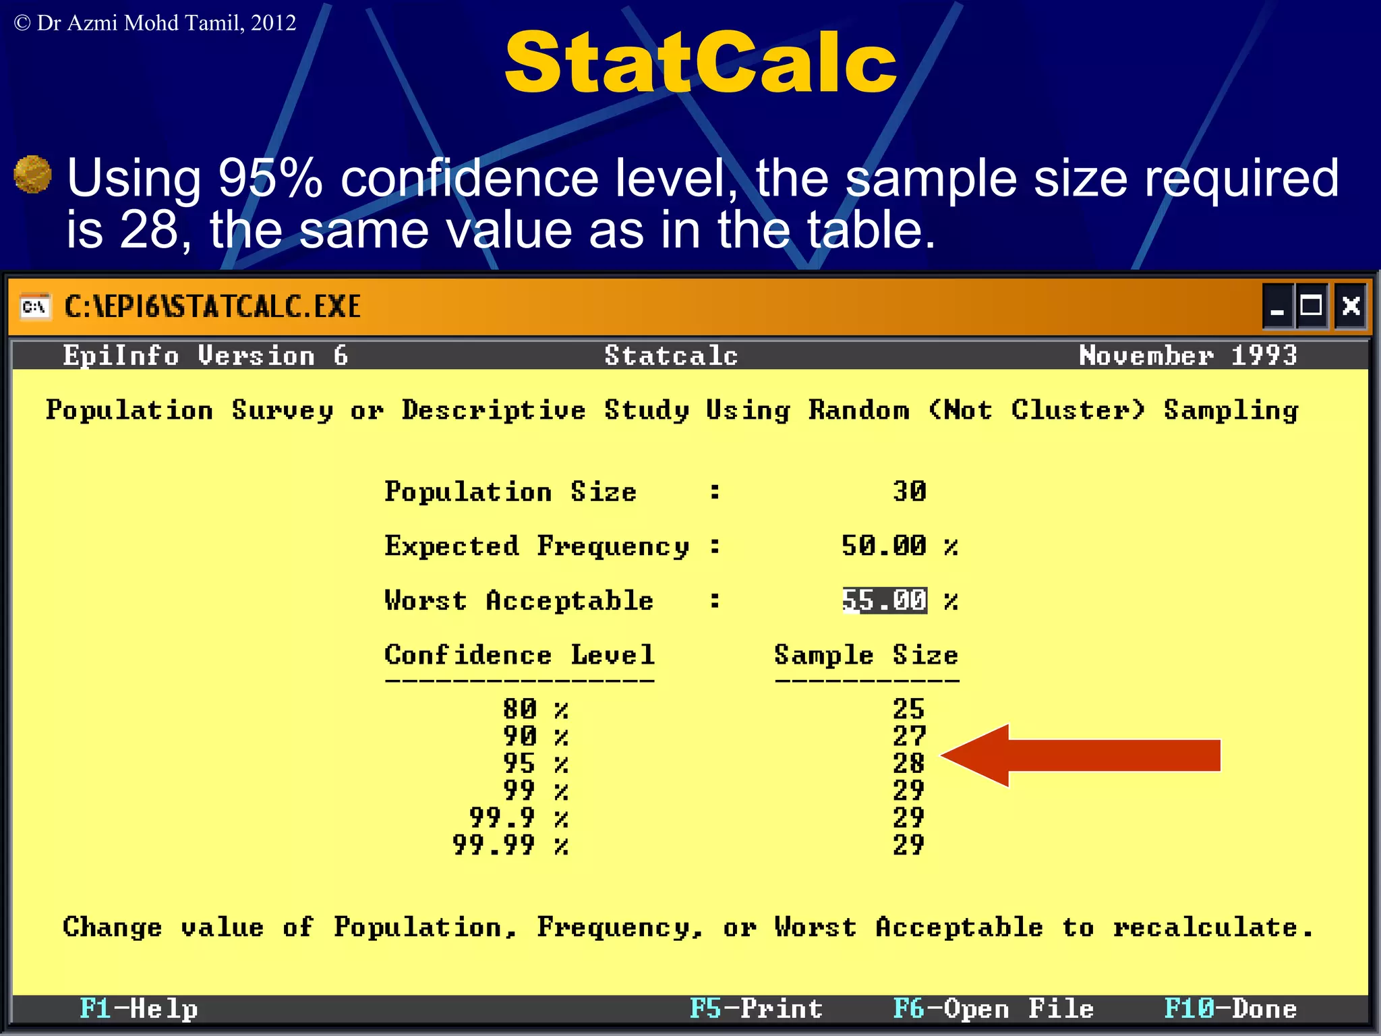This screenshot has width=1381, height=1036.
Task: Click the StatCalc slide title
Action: coord(700,62)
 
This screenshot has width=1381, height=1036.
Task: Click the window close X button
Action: coord(1351,306)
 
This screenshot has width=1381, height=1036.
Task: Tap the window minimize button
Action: coord(1277,307)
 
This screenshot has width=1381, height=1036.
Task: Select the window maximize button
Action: coord(1312,306)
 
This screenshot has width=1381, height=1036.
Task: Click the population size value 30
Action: coord(909,491)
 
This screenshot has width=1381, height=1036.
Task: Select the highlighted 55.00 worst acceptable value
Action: coord(885,600)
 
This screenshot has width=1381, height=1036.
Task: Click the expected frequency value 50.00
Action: coord(884,546)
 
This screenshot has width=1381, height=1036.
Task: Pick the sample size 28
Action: coord(908,764)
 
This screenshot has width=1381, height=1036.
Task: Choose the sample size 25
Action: coord(908,709)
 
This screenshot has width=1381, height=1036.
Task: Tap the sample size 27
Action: coord(908,736)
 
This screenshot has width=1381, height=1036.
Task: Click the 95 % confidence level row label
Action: coord(535,764)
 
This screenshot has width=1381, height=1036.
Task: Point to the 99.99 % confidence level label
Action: coord(510,845)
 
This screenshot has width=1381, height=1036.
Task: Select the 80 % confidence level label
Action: coord(535,709)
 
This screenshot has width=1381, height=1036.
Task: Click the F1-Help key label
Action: coord(138,1009)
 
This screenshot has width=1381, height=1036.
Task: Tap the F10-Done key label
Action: coord(1231,1009)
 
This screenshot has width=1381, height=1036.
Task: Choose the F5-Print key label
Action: coord(756,1009)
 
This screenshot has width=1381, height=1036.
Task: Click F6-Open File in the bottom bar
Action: coord(993,1009)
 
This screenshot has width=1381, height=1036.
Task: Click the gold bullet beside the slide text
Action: coord(32,174)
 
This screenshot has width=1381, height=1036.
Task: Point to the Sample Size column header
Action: coord(866,655)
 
